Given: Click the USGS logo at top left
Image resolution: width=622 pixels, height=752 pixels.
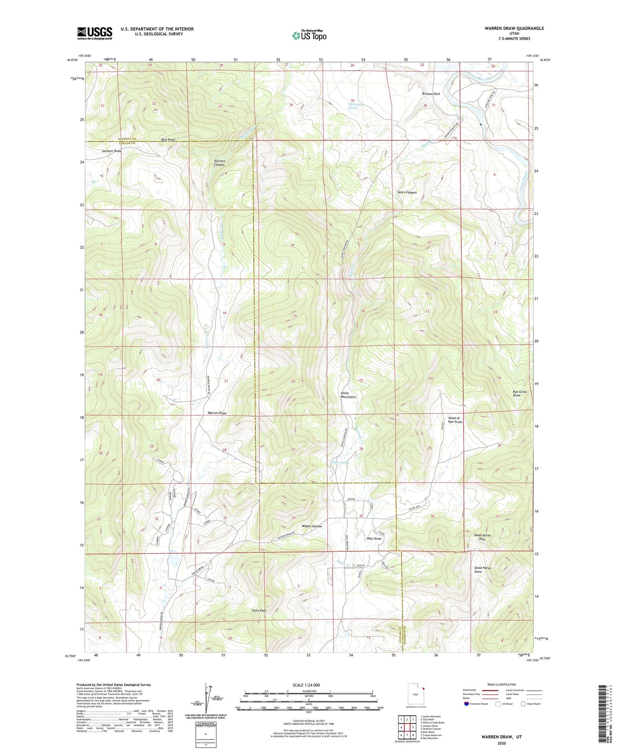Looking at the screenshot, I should pos(94,33).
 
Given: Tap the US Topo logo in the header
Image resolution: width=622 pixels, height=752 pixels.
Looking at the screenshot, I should pos(309,36).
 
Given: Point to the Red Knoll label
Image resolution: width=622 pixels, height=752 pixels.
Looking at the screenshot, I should pos(168,140).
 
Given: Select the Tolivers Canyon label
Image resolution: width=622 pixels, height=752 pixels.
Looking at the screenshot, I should pos(219,162).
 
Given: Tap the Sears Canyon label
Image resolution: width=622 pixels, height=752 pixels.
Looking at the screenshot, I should pos(406,193).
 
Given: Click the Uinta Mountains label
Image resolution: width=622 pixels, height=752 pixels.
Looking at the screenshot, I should pos(348,395).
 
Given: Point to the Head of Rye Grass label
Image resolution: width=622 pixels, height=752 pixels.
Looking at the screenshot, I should pos(455,420).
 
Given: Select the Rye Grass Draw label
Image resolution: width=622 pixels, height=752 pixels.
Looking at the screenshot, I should pos(520,393).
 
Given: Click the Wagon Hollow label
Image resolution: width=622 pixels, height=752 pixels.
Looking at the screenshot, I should pos(312,526).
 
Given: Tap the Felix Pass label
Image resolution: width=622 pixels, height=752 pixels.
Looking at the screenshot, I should pos(259,611).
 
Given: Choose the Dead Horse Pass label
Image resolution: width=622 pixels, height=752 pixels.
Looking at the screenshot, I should pos(482,537).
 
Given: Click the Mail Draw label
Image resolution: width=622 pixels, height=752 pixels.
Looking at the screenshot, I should pos(374,538).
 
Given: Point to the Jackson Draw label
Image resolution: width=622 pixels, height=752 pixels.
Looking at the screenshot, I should pos(111,151).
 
